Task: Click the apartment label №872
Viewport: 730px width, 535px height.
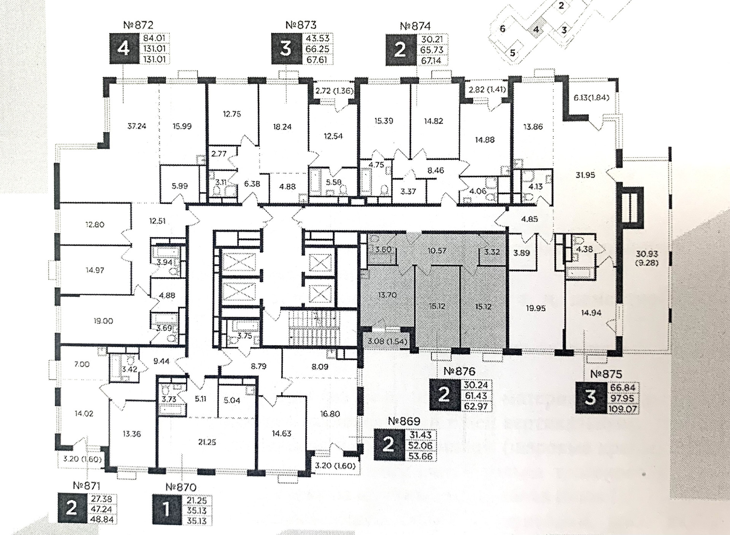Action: click(138, 25)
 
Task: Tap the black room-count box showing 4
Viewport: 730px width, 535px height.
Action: click(124, 49)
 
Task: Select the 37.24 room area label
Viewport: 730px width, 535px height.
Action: click(136, 126)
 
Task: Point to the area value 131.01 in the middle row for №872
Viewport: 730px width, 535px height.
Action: click(154, 49)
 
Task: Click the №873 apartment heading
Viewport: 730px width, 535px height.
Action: click(301, 25)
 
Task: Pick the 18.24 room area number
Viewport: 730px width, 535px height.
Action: click(282, 127)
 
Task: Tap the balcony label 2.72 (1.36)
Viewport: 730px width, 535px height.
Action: click(334, 91)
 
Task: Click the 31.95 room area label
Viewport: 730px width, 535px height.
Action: click(585, 175)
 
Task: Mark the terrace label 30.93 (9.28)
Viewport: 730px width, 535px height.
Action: click(646, 258)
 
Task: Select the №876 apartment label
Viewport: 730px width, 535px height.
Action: click(459, 371)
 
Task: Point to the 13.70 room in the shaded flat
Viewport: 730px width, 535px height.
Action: click(387, 295)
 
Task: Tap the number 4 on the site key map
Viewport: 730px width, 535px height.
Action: click(536, 29)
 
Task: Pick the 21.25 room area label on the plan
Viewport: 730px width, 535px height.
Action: click(207, 442)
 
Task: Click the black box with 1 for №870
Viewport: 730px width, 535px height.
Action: click(166, 510)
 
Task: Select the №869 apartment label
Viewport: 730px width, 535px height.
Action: click(404, 421)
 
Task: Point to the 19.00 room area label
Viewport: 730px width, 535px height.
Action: click(103, 321)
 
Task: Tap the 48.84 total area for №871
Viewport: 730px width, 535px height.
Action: click(102, 519)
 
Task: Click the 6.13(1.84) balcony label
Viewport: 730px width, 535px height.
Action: click(591, 98)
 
